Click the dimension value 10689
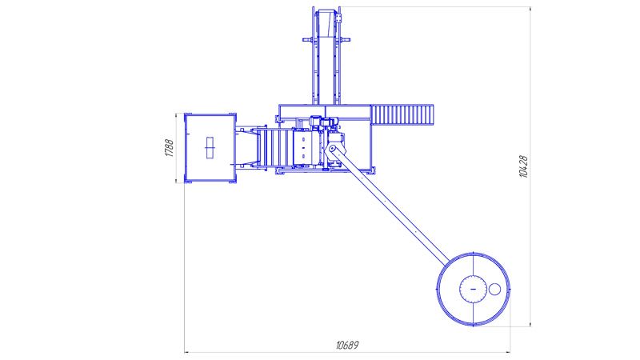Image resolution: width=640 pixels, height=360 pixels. (x=347, y=346)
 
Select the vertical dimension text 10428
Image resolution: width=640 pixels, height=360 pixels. (x=523, y=166)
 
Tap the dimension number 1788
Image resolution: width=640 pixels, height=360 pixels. (x=169, y=148)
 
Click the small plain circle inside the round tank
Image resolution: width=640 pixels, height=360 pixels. (x=494, y=289)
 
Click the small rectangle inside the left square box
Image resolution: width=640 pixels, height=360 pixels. (x=210, y=147)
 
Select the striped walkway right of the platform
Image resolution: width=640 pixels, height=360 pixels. (x=402, y=114)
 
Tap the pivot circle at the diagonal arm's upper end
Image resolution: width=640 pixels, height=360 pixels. (x=332, y=148)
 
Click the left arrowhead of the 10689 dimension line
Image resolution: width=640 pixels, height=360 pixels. (x=187, y=352)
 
